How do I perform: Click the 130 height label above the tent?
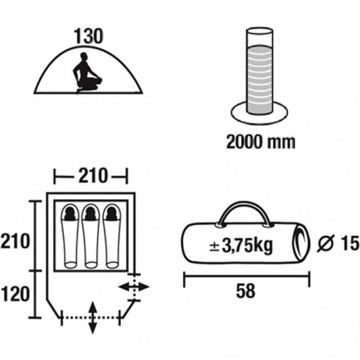[x=89, y=36]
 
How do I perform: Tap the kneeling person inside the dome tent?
[x=88, y=73]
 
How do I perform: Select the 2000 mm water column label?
[x=261, y=142]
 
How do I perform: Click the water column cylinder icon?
[x=259, y=71]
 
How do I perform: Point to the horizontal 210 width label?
[x=93, y=176]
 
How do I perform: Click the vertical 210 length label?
[x=15, y=241]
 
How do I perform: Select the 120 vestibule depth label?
[x=15, y=294]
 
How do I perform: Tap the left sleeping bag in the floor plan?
[x=70, y=236]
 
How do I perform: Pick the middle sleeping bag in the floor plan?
[x=91, y=236]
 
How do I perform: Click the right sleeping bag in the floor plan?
[x=112, y=236]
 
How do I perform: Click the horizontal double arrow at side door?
[x=134, y=287]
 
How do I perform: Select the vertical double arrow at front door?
[x=92, y=318]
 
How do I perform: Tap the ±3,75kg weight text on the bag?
[x=241, y=246]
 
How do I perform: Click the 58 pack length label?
[x=245, y=291]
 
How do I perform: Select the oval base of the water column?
[x=259, y=113]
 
